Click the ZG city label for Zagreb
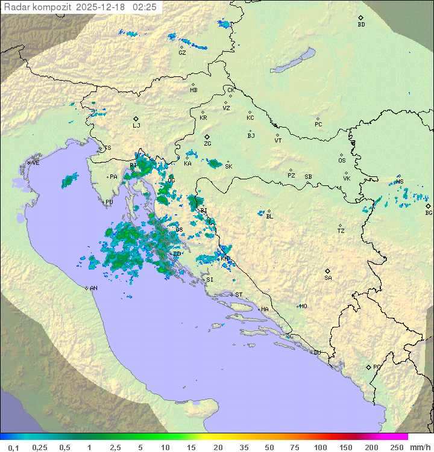click(207, 144)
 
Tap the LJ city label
click(136, 126)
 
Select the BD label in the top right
click(361, 25)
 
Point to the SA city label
click(328, 278)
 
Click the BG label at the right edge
click(429, 213)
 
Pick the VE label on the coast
click(36, 163)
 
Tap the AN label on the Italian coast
click(93, 288)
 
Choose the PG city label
click(377, 367)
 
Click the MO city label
click(303, 306)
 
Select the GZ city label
click(182, 53)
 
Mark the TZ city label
click(341, 231)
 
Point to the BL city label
click(269, 217)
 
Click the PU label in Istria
click(109, 202)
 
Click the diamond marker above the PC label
click(318, 119)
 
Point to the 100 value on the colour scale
click(320, 447)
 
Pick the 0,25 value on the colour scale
click(40, 447)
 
